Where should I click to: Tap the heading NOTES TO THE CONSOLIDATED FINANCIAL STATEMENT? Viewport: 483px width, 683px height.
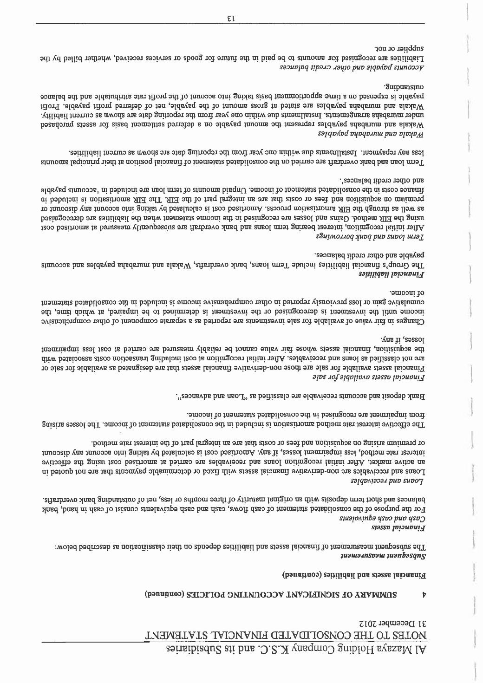point(320,647)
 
